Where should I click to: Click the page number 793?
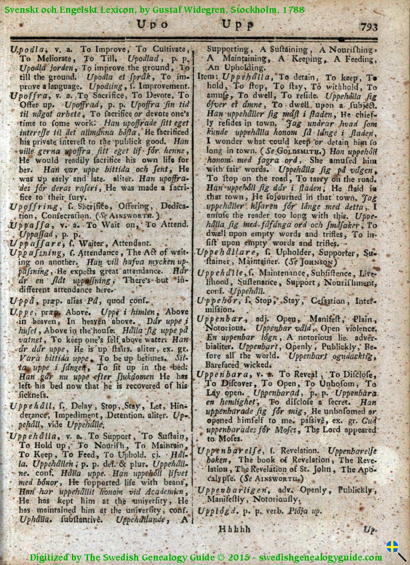369,27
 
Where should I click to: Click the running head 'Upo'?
153,25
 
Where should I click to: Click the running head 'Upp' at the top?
238,25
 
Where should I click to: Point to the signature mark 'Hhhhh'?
234,529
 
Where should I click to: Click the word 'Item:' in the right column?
206,76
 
